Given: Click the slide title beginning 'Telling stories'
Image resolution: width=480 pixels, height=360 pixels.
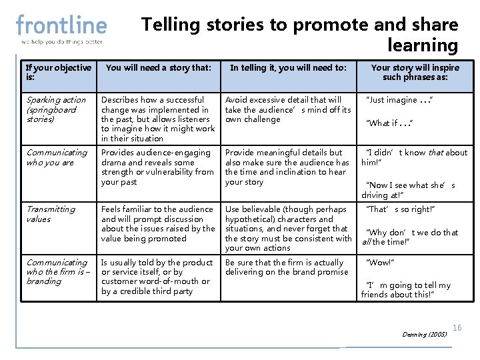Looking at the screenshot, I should (x=299, y=35).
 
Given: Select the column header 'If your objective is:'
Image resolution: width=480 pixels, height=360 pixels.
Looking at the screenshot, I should (x=58, y=72).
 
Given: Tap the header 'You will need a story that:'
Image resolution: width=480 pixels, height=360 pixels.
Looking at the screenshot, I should (x=158, y=67).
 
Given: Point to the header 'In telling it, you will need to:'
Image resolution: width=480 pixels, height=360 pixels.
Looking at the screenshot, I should (x=288, y=67).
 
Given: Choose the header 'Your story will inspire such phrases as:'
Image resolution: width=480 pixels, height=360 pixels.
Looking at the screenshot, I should (x=415, y=72).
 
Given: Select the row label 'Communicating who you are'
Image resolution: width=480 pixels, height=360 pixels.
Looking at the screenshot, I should (x=57, y=157).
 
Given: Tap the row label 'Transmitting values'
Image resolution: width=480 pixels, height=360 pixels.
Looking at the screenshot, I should (x=51, y=214).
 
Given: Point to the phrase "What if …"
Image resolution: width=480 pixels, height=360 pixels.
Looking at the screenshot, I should (x=391, y=123).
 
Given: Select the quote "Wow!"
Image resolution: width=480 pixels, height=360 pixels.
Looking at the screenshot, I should (x=381, y=263).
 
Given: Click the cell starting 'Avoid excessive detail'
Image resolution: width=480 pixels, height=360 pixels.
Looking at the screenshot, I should (x=287, y=109).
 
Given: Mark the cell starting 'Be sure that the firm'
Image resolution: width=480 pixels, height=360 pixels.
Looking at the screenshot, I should (x=287, y=267).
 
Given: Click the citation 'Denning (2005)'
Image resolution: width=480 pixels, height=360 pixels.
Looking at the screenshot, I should (x=425, y=334).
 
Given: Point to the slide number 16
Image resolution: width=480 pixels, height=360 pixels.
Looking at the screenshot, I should (x=457, y=327).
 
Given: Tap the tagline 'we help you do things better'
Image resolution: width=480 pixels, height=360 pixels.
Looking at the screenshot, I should (x=61, y=42).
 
